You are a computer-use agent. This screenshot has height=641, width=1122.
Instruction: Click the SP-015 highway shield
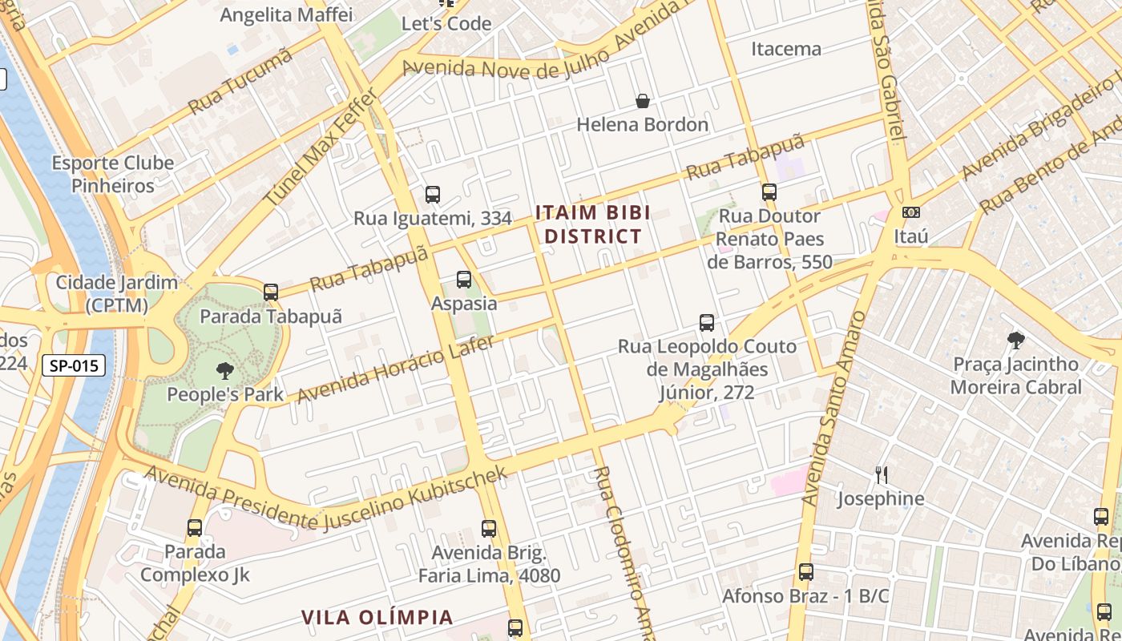[74, 365]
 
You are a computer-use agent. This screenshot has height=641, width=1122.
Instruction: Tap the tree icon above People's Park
[225, 370]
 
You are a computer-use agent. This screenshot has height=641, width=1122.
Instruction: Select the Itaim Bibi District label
[592, 224]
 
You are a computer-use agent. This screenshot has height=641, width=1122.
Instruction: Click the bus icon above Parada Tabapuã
[271, 292]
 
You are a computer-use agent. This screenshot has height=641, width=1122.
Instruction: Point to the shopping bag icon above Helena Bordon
[642, 101]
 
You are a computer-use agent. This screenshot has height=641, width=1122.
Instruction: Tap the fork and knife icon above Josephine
[881, 475]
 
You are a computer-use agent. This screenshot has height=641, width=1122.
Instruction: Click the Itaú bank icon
[910, 212]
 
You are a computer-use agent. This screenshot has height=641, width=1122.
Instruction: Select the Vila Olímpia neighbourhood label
[377, 617]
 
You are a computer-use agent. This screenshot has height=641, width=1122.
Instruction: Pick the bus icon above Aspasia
[463, 280]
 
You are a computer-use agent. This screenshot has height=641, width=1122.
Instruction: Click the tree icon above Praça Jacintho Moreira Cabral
[1015, 341]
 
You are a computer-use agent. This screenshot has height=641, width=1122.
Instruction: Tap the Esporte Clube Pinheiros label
[113, 175]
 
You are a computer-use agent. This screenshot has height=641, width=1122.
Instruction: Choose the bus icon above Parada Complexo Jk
[194, 528]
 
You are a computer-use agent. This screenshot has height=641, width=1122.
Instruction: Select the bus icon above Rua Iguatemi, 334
[433, 194]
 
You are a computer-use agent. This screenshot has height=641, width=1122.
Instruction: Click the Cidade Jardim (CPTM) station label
[117, 293]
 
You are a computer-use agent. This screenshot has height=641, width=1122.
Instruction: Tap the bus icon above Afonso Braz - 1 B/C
[805, 573]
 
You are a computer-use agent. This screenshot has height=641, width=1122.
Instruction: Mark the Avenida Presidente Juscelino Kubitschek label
[326, 499]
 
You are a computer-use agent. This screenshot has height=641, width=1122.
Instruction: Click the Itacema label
[785, 49]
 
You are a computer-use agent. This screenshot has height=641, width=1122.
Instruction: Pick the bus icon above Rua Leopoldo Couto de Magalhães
[706, 323]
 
